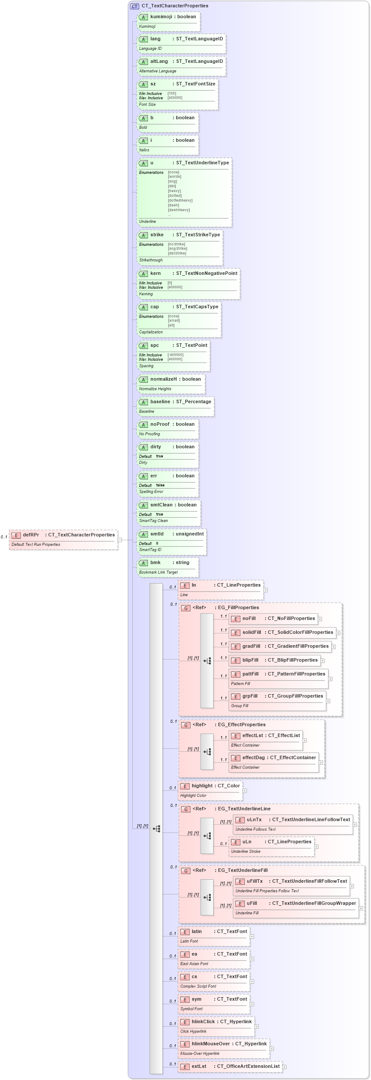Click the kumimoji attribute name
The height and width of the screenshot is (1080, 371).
pos(161,16)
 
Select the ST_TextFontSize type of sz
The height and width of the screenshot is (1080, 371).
pos(195,84)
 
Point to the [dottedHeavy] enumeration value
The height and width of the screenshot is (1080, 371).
pos(180,200)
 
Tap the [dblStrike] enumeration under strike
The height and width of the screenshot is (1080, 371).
pos(177,253)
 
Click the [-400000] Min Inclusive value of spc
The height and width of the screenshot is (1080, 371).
pos(175,355)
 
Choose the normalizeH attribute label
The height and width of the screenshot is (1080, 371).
pos(164,379)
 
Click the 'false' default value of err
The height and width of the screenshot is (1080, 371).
pos(160,485)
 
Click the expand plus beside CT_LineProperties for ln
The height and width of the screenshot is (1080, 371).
pos(266,590)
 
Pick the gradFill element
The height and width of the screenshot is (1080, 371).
pos(251,646)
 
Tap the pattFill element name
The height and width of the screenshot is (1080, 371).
pos(250,674)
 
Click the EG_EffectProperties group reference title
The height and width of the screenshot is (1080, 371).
pos(241,724)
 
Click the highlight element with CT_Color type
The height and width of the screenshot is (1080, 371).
pos(210,786)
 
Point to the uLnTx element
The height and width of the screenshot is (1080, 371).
pos(254,819)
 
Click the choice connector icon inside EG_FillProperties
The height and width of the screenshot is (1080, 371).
pos(207,661)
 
